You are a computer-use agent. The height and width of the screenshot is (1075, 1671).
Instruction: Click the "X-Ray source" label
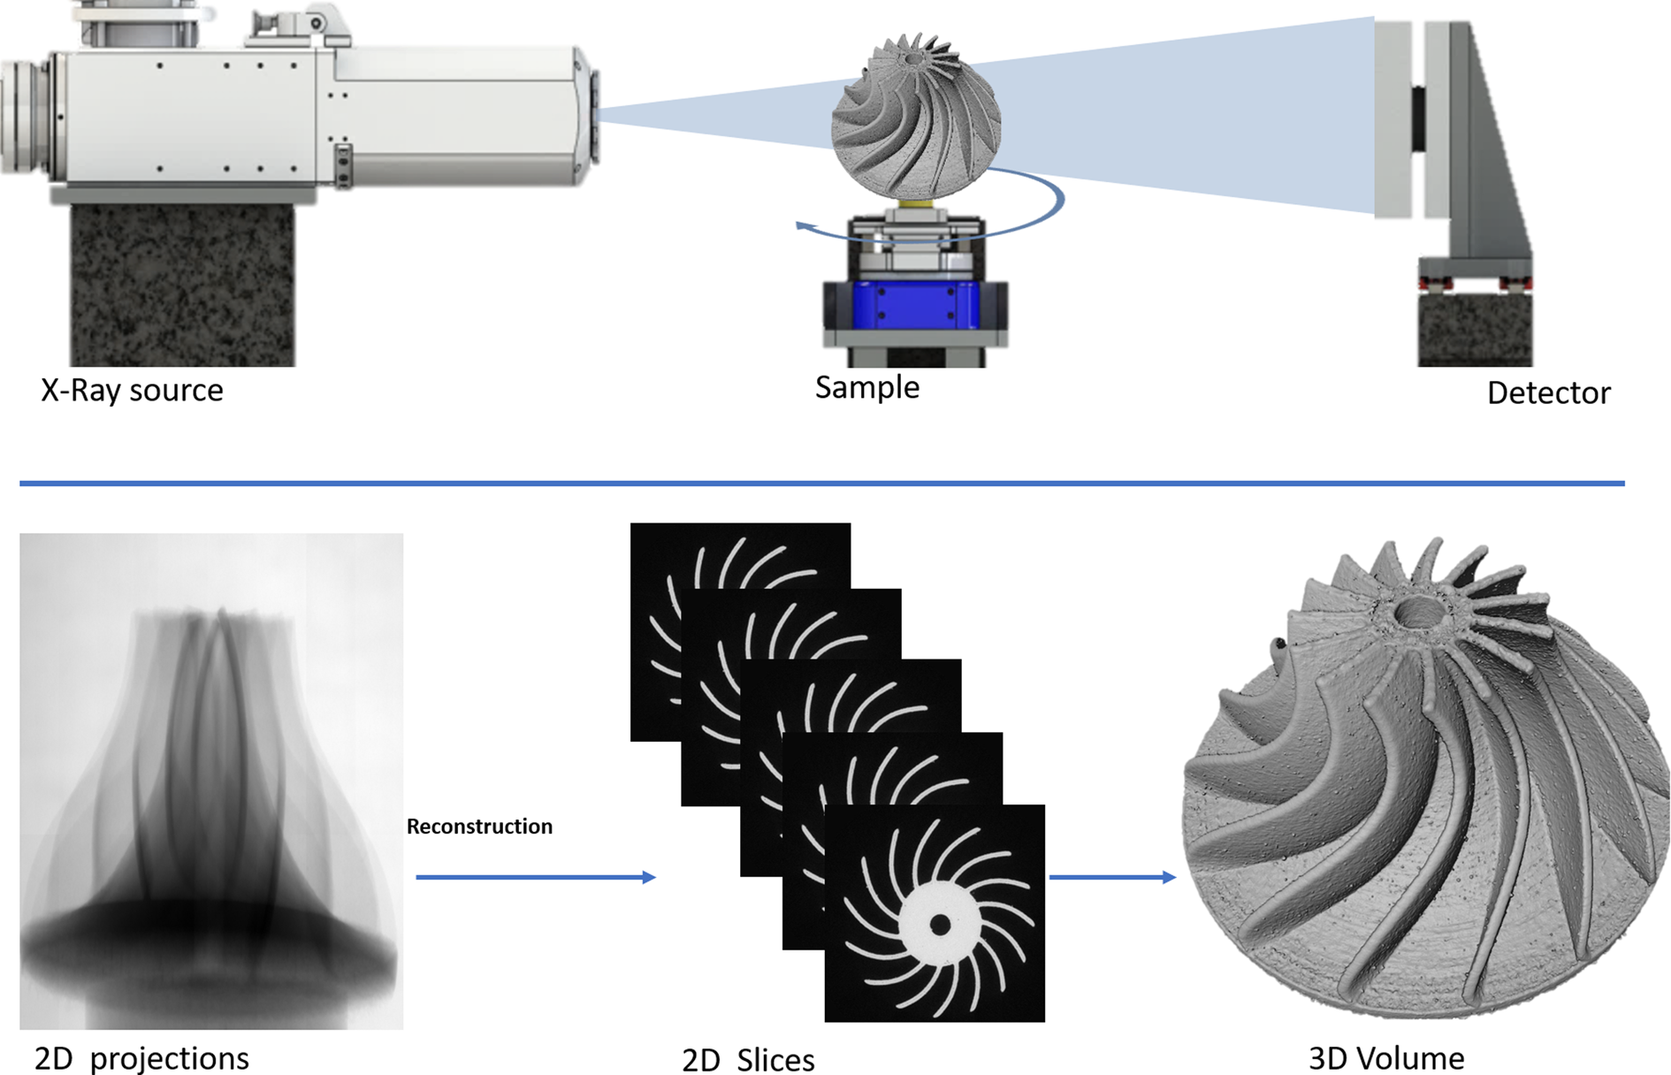(132, 390)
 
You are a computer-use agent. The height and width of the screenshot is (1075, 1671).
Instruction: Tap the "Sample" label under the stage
(867, 387)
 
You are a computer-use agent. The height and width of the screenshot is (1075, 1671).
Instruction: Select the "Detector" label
(1549, 393)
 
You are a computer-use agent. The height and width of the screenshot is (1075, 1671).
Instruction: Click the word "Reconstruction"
(479, 827)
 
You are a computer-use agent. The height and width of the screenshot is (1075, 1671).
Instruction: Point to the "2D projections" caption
(141, 1058)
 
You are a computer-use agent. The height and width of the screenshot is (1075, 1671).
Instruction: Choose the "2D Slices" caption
(748, 1060)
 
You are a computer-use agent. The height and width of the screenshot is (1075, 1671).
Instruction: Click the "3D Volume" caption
(1386, 1058)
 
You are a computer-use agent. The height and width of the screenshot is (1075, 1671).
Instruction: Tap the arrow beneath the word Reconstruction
(536, 877)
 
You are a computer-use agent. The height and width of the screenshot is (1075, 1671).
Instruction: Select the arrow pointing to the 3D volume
(1112, 877)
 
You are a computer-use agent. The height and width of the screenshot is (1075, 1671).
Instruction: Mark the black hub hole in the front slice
(940, 925)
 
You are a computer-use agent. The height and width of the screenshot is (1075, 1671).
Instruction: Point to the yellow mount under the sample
(917, 206)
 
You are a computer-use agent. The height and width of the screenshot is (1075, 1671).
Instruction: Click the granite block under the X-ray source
(182, 286)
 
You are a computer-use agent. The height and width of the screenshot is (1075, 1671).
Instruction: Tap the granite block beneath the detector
(1475, 329)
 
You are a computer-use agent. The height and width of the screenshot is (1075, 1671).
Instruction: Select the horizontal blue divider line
(822, 484)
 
